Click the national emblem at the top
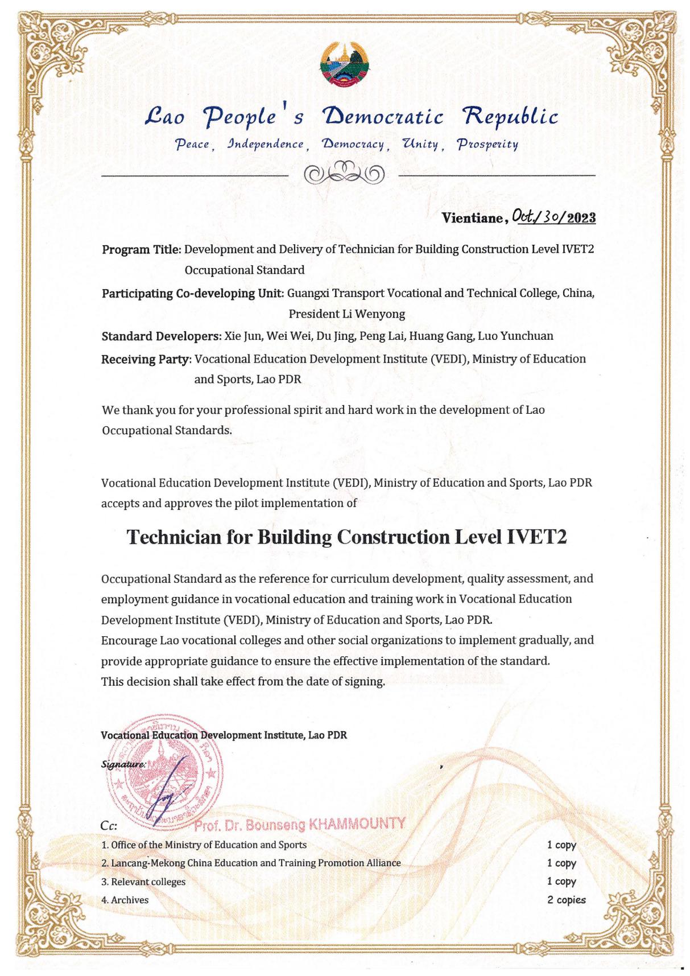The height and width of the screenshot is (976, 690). [x=345, y=64]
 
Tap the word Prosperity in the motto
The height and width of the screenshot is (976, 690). [x=487, y=145]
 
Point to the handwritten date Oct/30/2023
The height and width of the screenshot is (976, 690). [x=553, y=217]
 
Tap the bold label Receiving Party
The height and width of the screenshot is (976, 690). [x=146, y=359]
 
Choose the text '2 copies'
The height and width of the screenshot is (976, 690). [x=566, y=900]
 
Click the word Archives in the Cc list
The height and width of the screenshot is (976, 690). [x=130, y=900]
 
